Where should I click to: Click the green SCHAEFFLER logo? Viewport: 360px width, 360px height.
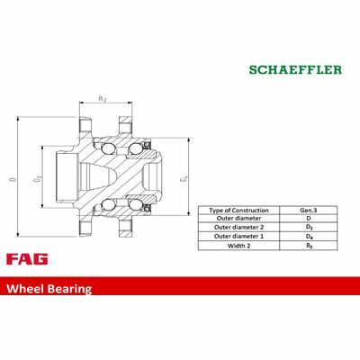pos(295,69)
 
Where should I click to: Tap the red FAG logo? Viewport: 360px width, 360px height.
pos(27,259)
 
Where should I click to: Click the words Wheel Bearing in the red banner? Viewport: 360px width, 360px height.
pos(49,289)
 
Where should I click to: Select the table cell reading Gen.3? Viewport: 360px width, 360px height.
pos(309,210)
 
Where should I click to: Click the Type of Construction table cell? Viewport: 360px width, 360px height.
pos(238,210)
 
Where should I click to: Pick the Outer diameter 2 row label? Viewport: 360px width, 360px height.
pos(238,227)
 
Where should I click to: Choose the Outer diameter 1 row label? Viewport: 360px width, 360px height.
pos(238,237)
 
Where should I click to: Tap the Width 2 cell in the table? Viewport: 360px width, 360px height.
pos(238,246)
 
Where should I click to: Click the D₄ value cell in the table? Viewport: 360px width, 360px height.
pos(309,237)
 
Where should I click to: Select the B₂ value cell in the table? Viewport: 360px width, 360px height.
pos(309,246)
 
